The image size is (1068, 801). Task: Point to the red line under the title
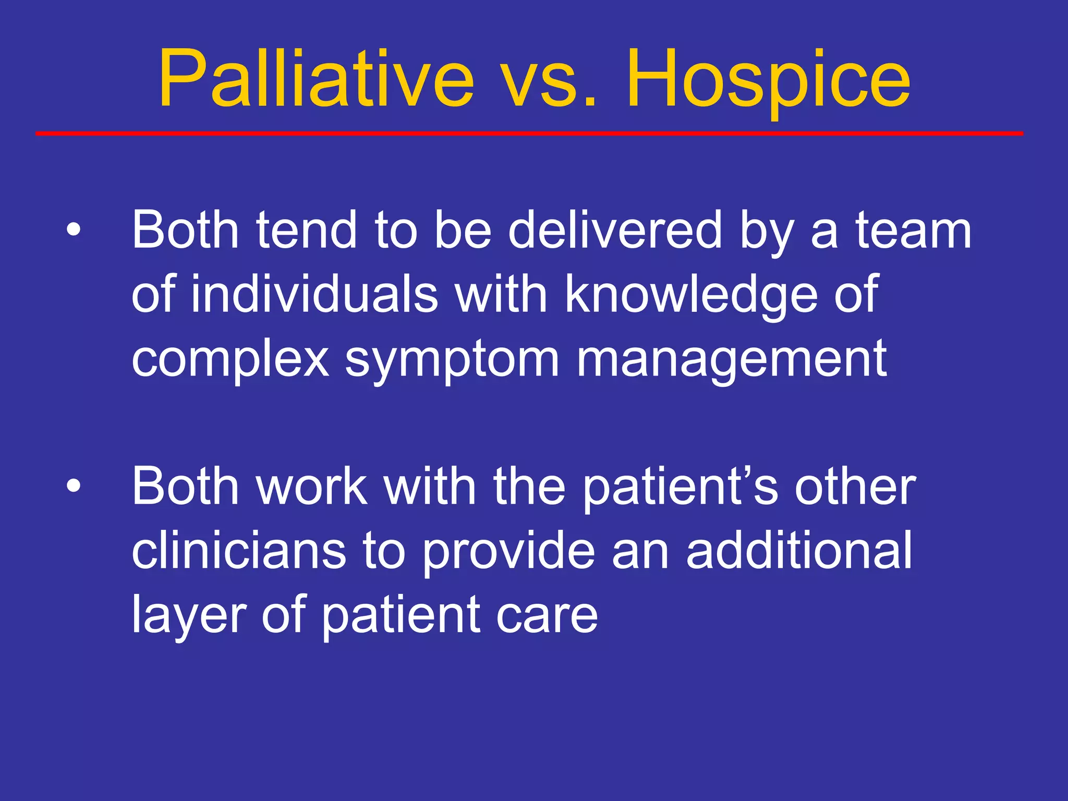tap(529, 134)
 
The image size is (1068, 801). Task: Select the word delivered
tap(615, 230)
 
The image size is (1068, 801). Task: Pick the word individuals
tap(314, 294)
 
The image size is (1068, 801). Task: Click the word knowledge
tap(691, 295)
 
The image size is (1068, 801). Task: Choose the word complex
tap(230, 360)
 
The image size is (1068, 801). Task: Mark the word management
tap(731, 360)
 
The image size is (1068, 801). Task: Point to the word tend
tap(306, 230)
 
